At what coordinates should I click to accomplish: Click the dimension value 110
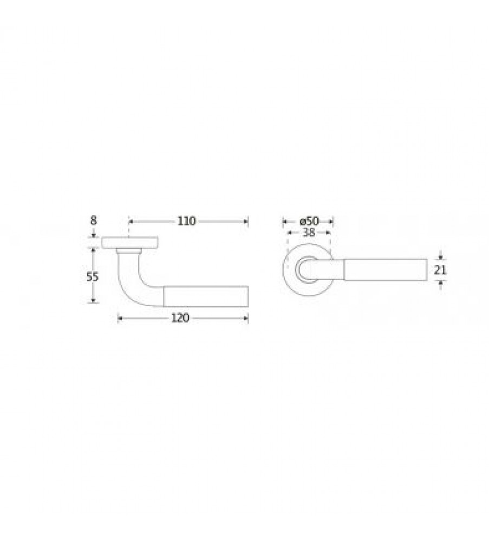coord(186,221)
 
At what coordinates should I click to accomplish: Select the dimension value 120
coord(180,318)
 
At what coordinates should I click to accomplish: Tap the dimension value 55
coord(93,276)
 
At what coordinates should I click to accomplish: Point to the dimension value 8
coord(93,221)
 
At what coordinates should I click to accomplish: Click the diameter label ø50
coord(309,221)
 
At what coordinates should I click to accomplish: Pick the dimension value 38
coord(309,233)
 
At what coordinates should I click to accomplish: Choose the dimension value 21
coord(440,269)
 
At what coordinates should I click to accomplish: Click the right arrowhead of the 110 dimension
coord(245,221)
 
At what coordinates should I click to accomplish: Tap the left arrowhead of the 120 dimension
coord(120,318)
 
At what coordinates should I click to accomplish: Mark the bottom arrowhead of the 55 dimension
coord(93,300)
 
